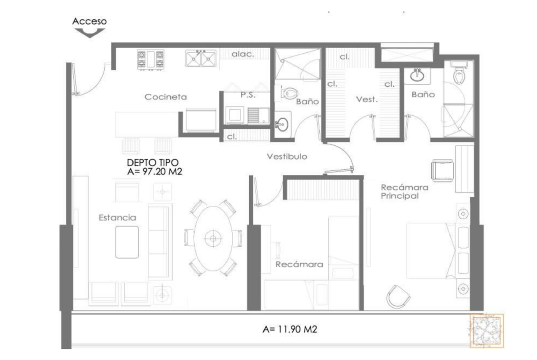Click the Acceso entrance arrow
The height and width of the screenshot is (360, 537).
89,33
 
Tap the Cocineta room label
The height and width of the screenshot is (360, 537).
166,97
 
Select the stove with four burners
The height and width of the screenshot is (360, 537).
151,60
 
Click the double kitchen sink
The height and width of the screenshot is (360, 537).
201,58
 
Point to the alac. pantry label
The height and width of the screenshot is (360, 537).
243,54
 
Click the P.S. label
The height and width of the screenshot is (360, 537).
248,95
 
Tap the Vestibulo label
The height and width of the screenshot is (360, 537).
287,156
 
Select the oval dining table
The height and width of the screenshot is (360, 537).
213,238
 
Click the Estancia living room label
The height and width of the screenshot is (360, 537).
117,218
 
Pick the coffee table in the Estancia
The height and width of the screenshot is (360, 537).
127,242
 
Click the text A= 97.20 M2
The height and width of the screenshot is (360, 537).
155,172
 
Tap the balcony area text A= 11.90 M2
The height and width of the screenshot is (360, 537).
290,329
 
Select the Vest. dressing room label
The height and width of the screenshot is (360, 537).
367,100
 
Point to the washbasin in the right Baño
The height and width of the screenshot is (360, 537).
417,76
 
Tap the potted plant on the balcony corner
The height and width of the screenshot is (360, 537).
487,331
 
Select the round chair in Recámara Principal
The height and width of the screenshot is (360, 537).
398,296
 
